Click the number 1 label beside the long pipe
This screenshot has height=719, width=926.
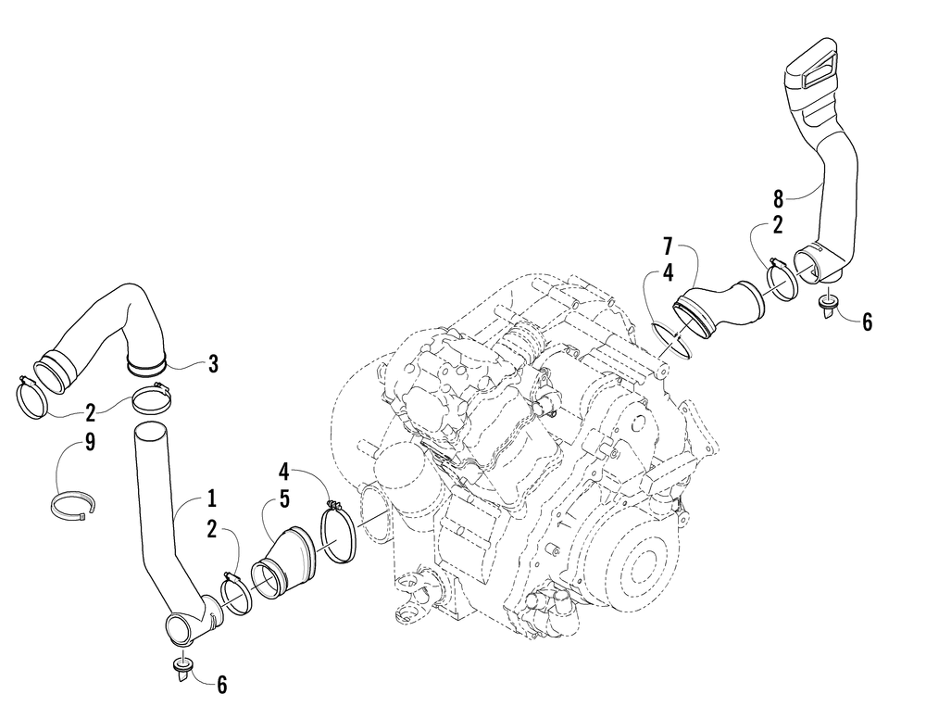(x=211, y=499)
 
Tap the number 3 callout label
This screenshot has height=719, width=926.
(x=213, y=364)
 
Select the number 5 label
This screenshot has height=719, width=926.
(x=285, y=498)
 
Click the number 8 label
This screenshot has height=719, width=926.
(x=779, y=198)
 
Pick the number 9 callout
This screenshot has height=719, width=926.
(x=90, y=443)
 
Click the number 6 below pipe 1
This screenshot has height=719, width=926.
(x=220, y=685)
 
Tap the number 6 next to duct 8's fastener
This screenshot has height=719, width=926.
(x=867, y=322)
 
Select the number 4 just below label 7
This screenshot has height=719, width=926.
(x=668, y=275)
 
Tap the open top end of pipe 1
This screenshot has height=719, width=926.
(x=151, y=431)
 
